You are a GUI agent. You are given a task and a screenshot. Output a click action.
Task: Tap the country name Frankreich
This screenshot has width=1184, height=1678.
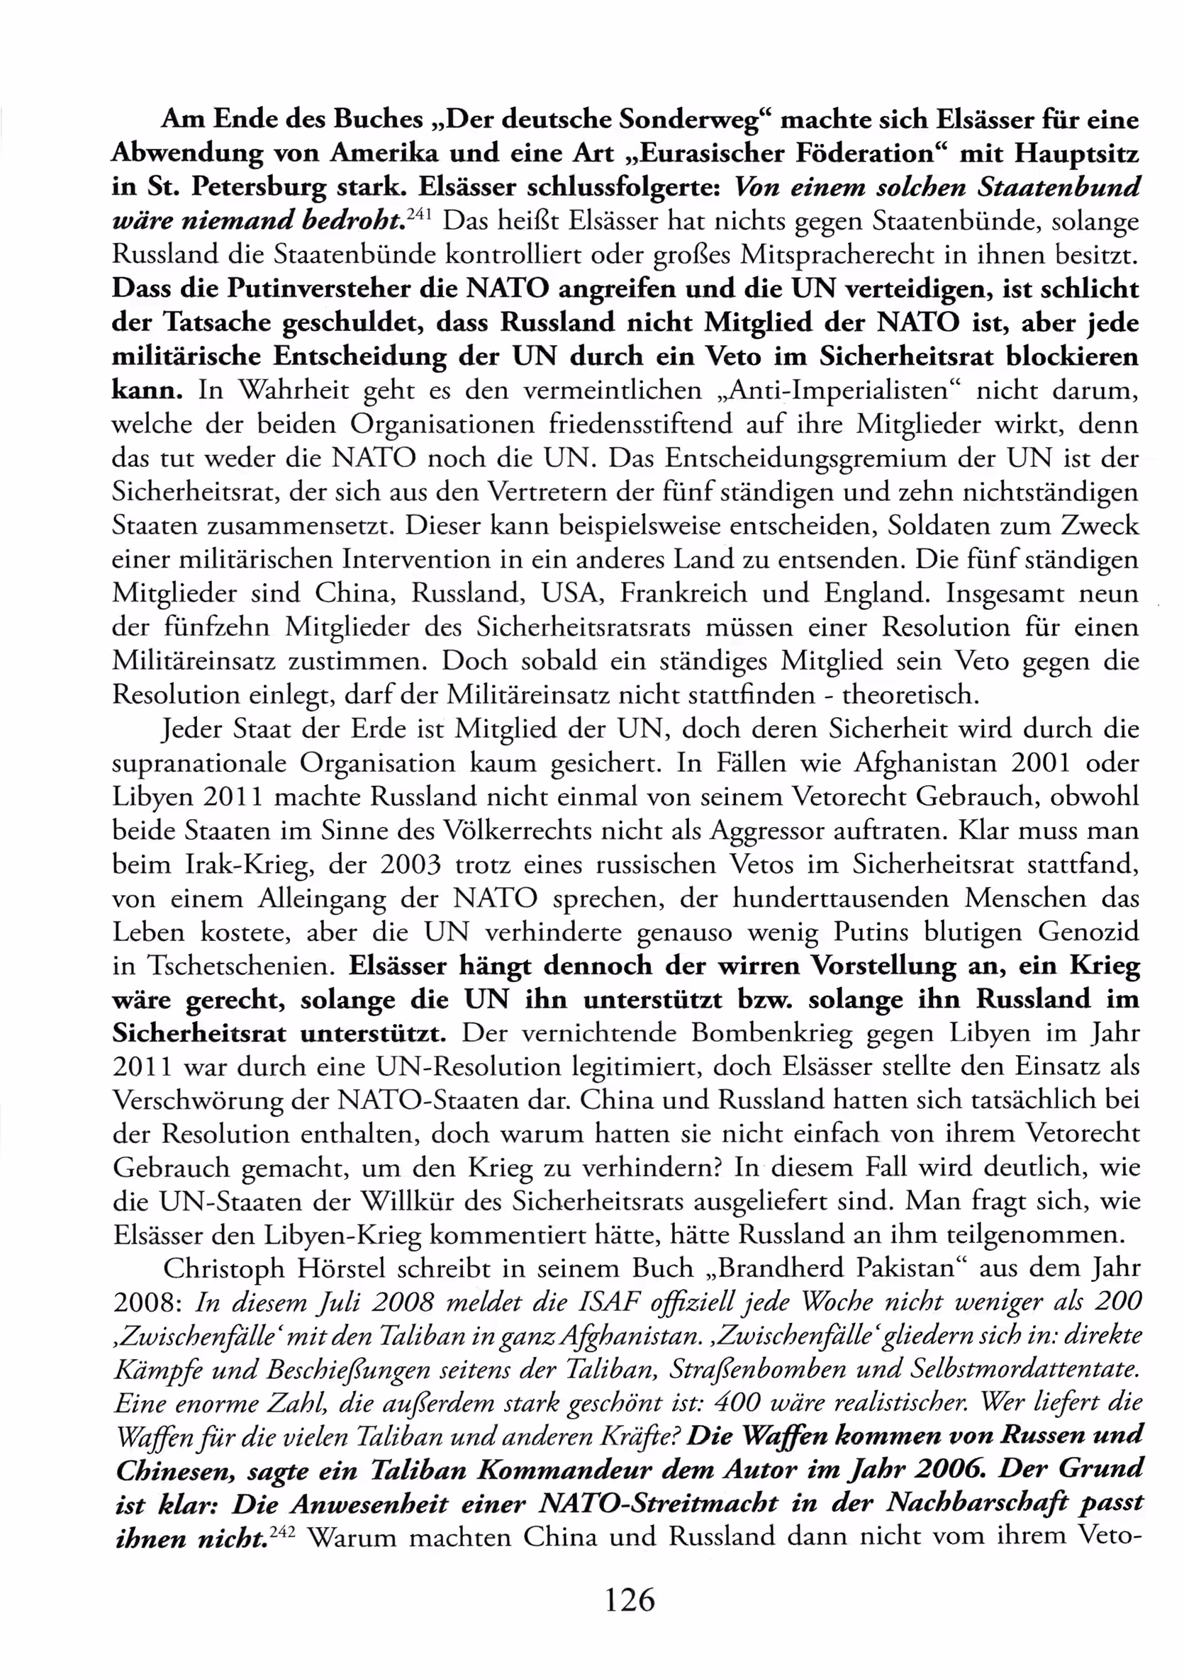(x=683, y=592)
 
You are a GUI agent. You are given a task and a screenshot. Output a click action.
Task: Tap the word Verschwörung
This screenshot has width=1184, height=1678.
(x=198, y=1100)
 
